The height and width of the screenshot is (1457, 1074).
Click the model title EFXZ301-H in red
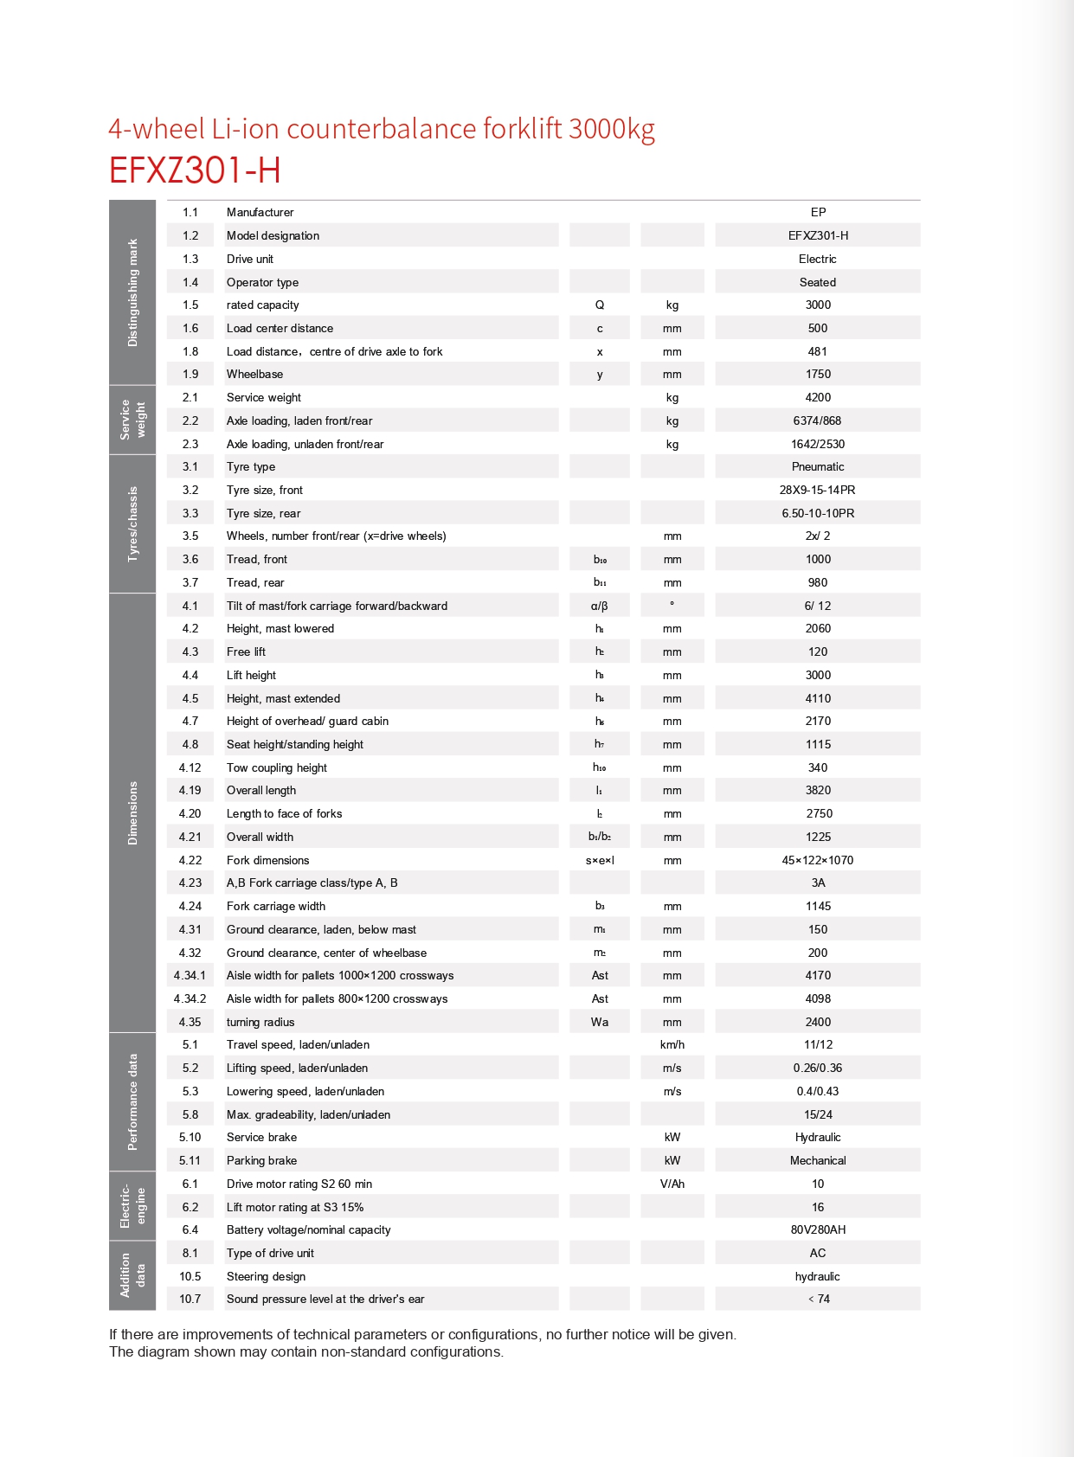(195, 170)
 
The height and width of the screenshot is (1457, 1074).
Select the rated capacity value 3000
(818, 305)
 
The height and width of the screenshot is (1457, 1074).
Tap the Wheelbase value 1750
(818, 375)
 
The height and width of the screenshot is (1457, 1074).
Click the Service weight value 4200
(818, 398)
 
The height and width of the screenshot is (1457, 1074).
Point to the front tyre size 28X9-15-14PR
(818, 491)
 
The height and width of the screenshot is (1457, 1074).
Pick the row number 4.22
(190, 861)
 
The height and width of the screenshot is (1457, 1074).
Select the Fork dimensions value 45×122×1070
(818, 861)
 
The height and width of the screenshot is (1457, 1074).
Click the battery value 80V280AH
(818, 1230)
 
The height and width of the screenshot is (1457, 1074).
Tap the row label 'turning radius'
(260, 1023)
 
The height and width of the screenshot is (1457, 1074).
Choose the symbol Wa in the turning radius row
(600, 1023)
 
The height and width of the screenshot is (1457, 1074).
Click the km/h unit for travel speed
(672, 1045)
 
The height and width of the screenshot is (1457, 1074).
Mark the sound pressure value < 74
(818, 1300)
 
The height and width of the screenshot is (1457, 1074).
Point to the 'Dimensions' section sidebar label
(132, 813)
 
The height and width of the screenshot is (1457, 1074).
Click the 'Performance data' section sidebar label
(132, 1102)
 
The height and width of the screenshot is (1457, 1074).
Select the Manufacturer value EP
(818, 213)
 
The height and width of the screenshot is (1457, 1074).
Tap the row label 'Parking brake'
(261, 1161)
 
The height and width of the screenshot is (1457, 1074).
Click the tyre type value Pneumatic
(818, 467)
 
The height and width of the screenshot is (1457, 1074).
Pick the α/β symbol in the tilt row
(600, 607)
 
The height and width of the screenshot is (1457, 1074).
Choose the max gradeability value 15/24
(818, 1115)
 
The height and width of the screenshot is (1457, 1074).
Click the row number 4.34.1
(190, 976)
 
